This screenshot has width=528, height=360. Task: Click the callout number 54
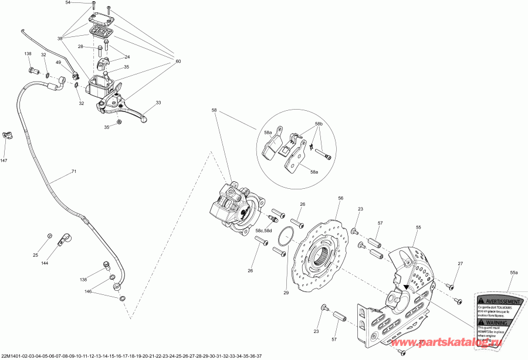67,3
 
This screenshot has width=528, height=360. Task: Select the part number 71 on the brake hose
74,172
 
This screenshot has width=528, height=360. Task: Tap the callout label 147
4,161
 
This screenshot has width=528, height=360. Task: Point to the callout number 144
46,264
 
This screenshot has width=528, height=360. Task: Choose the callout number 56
340,199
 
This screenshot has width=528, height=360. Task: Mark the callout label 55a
514,273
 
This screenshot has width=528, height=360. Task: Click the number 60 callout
178,62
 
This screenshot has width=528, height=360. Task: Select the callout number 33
158,103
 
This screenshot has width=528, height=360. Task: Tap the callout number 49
59,63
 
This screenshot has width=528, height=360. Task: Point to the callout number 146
88,291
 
